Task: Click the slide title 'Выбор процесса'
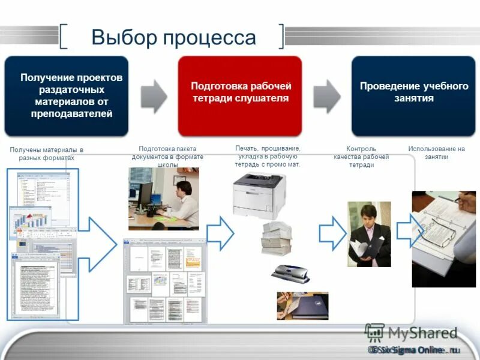[173, 38]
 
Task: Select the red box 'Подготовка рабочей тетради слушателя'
[240, 96]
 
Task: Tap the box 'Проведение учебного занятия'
[413, 96]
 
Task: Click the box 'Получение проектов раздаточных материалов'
[66, 96]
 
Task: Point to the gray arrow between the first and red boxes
[154, 95]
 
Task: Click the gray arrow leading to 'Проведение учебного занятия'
[326, 95]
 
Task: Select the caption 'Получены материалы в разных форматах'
[46, 154]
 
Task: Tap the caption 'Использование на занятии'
[436, 152]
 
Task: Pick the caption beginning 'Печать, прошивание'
[268, 155]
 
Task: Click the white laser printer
[259, 195]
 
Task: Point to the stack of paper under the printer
[276, 238]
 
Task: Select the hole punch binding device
[290, 273]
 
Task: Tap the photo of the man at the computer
[163, 199]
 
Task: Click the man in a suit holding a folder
[369, 234]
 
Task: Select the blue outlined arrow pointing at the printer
[220, 233]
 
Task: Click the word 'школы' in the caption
[167, 164]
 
